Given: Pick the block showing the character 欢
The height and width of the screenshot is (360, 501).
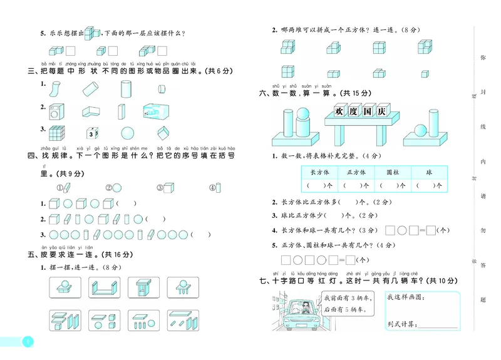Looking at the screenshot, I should point(339,112).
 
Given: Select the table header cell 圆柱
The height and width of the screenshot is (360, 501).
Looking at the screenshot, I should point(393,172).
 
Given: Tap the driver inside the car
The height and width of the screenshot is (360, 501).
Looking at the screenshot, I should point(304,309).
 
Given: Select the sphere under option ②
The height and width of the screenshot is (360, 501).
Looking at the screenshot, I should point(117,187).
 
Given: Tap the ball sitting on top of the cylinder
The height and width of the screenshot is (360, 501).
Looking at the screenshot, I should point(302,115).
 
